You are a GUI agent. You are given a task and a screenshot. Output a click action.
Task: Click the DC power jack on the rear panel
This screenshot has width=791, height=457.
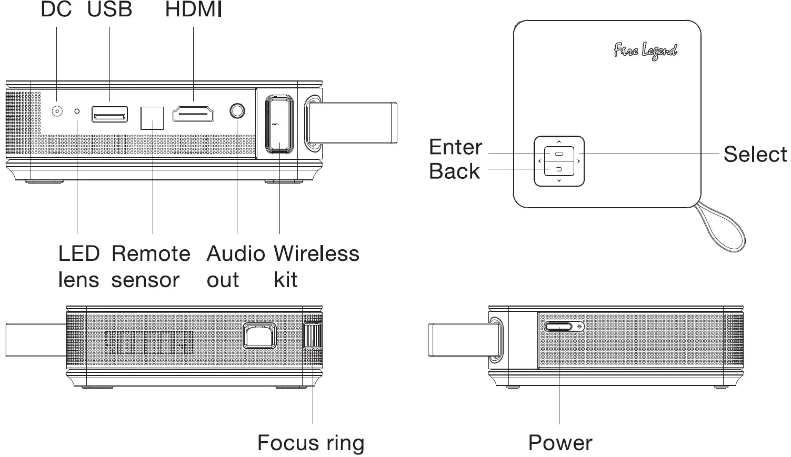click(x=57, y=111)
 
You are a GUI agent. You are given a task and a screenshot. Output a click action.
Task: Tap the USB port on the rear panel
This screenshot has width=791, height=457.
click(x=109, y=114)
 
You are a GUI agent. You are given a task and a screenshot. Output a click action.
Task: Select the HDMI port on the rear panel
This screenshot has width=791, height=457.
click(x=194, y=114)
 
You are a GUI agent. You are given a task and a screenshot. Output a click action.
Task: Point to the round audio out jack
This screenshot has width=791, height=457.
click(x=237, y=111)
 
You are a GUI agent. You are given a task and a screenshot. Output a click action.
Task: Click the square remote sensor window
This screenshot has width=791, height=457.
click(x=152, y=118)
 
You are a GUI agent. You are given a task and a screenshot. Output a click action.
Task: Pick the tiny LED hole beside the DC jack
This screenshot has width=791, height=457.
click(x=77, y=111)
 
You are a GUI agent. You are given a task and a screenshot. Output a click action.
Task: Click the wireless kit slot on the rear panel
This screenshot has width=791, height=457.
click(x=279, y=124)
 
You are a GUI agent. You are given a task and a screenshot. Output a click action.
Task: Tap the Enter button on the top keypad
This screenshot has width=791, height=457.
click(x=559, y=154)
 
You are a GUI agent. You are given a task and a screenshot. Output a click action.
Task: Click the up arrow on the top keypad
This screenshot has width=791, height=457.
click(x=559, y=141)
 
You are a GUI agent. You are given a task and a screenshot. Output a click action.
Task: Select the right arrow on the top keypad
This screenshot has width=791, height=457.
click(x=578, y=161)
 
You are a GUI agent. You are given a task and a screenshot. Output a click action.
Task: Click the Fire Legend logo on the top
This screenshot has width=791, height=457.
click(x=645, y=51)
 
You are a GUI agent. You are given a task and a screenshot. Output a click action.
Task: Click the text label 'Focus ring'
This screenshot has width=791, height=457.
click(x=311, y=443)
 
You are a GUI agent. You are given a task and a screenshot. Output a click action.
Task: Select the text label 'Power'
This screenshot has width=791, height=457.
click(x=560, y=443)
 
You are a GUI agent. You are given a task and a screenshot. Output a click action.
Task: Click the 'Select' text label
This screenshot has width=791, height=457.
click(x=755, y=154)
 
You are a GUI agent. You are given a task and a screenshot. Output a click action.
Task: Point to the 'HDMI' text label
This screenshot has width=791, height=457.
click(x=194, y=9)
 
